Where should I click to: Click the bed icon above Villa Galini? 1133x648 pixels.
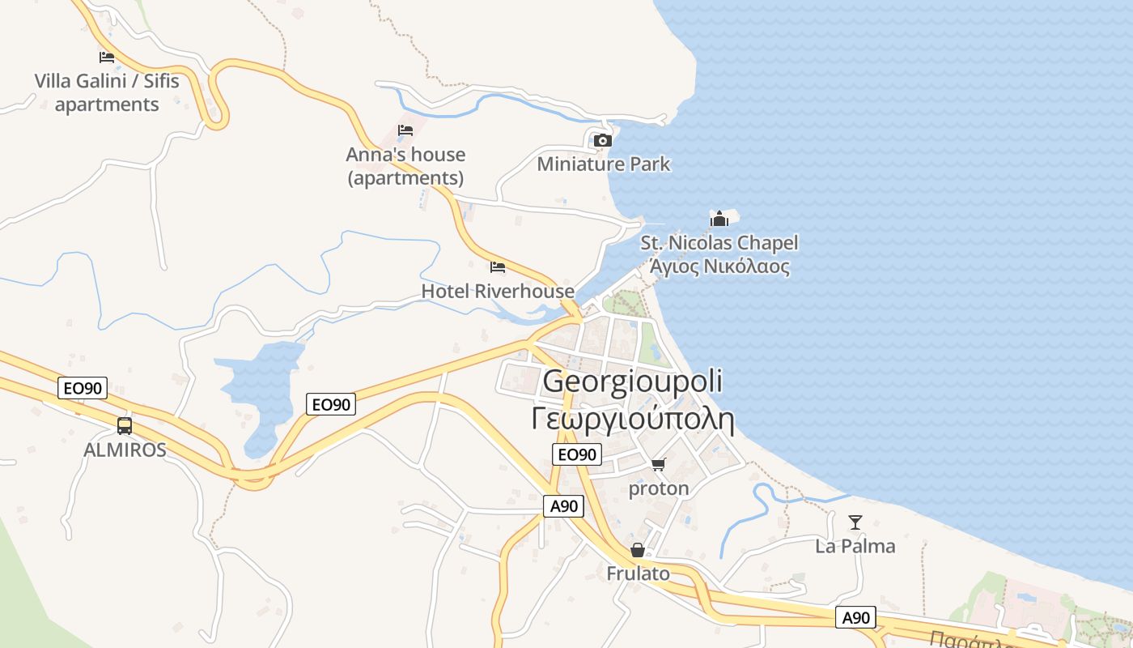click(x=107, y=57)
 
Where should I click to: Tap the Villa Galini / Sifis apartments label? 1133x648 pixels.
click(x=107, y=92)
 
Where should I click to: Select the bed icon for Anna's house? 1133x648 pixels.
click(x=405, y=130)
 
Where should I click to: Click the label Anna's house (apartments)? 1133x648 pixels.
click(x=405, y=165)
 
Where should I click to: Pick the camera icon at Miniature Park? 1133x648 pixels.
click(x=602, y=140)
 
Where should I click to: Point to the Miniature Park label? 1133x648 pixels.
click(x=604, y=164)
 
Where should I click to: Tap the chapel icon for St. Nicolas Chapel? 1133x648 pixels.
click(x=719, y=219)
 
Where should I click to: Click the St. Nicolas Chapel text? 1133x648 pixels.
click(x=719, y=243)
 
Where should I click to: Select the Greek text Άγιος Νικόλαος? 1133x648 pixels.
click(x=719, y=266)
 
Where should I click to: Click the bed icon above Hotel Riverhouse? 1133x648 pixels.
click(x=498, y=266)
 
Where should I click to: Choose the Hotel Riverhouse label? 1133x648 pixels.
click(x=498, y=291)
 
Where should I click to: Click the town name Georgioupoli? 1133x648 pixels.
click(x=633, y=381)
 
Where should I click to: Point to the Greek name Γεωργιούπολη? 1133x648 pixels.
click(x=633, y=420)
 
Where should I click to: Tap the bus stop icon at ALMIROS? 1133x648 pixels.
click(x=125, y=425)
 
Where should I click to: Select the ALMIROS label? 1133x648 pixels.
click(x=125, y=450)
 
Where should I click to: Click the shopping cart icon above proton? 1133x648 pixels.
click(x=658, y=464)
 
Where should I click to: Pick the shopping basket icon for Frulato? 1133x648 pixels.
click(x=638, y=550)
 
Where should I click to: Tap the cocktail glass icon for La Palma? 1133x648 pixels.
click(x=855, y=522)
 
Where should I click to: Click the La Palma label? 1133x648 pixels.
click(x=855, y=546)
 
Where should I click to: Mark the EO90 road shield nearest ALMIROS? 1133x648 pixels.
click(x=83, y=389)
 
